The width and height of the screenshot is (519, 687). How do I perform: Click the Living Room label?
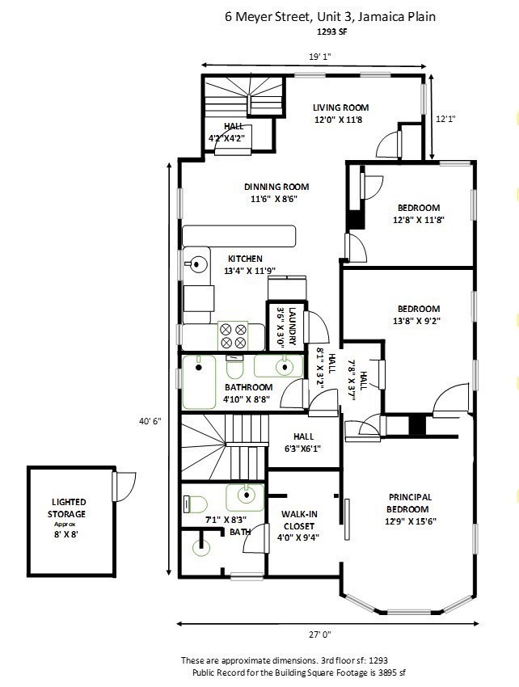click(x=340, y=107)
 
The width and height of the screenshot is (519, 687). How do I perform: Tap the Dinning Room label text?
click(x=276, y=187)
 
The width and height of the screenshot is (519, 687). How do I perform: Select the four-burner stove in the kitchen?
click(x=233, y=336)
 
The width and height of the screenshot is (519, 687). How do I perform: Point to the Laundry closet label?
click(x=293, y=327)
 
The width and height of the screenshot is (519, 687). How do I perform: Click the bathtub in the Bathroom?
click(x=199, y=382)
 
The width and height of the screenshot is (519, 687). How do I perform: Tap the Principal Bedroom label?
click(x=409, y=503)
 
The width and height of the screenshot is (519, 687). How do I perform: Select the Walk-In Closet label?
click(x=299, y=520)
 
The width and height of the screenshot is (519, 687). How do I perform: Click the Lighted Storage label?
click(x=68, y=508)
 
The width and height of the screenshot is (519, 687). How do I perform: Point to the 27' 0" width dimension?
click(x=320, y=634)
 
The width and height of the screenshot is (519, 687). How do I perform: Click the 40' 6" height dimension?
click(x=150, y=421)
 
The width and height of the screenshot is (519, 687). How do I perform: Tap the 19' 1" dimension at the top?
click(x=319, y=57)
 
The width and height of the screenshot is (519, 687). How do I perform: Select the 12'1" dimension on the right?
click(x=445, y=118)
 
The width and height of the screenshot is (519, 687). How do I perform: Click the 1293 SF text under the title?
click(x=331, y=32)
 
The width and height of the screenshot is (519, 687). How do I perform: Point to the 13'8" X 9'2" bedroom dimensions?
click(x=416, y=321)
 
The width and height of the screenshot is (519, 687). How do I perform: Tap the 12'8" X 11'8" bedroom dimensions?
click(x=419, y=220)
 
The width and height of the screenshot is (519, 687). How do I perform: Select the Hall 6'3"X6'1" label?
click(x=303, y=443)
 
